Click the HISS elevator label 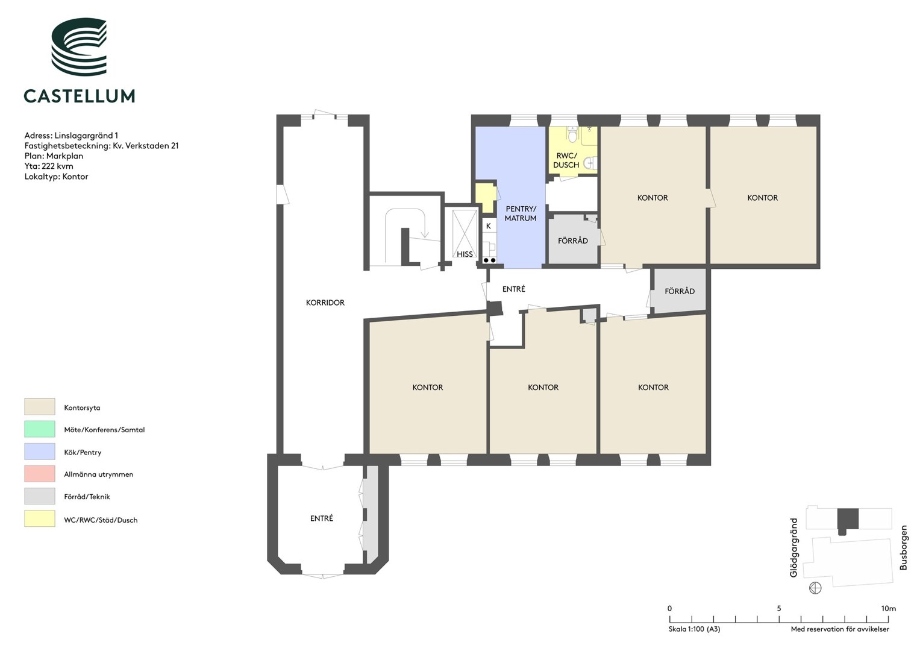(x=465, y=254)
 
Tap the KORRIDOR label (x=325, y=303)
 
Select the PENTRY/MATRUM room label (x=521, y=214)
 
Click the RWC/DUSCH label (x=566, y=160)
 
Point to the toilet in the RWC (x=572, y=134)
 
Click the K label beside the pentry (x=489, y=226)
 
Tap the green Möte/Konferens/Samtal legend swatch (x=39, y=429)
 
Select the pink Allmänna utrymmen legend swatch (x=39, y=474)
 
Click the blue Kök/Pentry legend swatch (x=39, y=451)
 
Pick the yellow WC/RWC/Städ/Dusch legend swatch (x=39, y=518)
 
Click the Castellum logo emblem (x=80, y=46)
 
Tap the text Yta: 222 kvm (x=49, y=166)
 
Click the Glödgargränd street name (x=793, y=548)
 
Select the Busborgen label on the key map (x=903, y=548)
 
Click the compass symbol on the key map (x=815, y=588)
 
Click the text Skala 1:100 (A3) (x=694, y=629)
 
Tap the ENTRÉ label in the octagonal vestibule (x=322, y=518)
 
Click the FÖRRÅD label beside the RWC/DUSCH (x=573, y=241)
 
